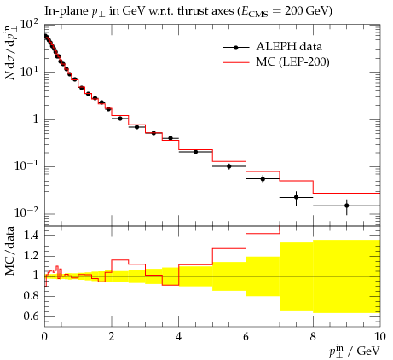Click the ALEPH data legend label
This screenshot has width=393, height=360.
289,47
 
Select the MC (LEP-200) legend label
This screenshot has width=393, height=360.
292,61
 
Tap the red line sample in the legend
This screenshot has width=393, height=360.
236,62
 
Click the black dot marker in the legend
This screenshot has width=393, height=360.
236,48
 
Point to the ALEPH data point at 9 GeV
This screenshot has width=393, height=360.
346,206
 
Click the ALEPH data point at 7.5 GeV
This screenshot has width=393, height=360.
296,197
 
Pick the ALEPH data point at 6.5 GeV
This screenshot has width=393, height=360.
263,179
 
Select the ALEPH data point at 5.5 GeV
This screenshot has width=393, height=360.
229,166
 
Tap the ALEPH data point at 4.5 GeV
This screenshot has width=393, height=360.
195,152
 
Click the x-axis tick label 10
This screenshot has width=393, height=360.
380,337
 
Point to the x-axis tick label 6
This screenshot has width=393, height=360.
246,337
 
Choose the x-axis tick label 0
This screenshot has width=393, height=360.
44,337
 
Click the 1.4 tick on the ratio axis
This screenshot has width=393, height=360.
31,235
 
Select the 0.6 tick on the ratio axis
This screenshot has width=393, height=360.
31,316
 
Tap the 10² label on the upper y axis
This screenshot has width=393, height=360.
31,26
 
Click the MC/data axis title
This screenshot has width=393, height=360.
9,251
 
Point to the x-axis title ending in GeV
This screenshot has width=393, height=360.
355,351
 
